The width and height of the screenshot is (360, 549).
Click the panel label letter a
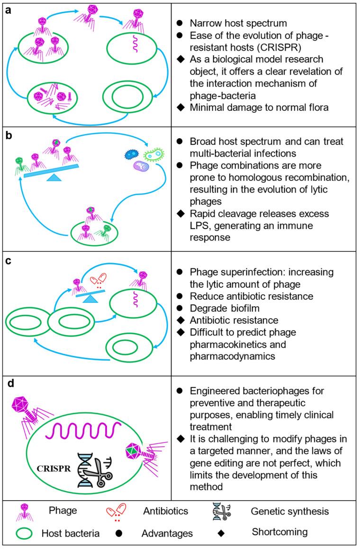point(8,10)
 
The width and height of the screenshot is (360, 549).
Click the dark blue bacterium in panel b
point(130,154)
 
